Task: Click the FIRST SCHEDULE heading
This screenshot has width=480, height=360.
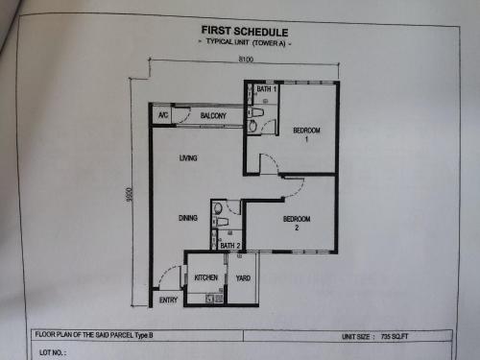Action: point(245,32)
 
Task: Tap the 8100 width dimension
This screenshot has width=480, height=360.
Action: point(246,60)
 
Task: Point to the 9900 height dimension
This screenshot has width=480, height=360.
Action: point(129,195)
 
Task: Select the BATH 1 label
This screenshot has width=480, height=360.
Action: point(266,89)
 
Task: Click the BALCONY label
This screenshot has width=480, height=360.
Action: point(213,115)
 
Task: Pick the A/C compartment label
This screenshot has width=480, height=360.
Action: point(163,115)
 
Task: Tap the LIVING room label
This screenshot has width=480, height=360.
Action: point(188,157)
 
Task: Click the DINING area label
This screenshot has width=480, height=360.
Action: point(188,218)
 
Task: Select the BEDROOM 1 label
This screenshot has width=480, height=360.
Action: point(306,134)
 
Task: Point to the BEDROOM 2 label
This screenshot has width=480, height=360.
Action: point(297,223)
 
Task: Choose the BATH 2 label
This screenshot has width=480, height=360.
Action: point(230,246)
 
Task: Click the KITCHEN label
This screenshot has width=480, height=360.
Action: point(206,277)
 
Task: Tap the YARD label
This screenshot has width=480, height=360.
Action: point(243,278)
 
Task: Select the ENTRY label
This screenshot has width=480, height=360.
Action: point(168,300)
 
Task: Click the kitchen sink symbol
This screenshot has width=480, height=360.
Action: point(210,299)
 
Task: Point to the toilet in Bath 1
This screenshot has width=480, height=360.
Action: point(256,112)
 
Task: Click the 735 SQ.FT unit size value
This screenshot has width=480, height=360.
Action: point(395,337)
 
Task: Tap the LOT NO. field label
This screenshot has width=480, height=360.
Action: point(53,352)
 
